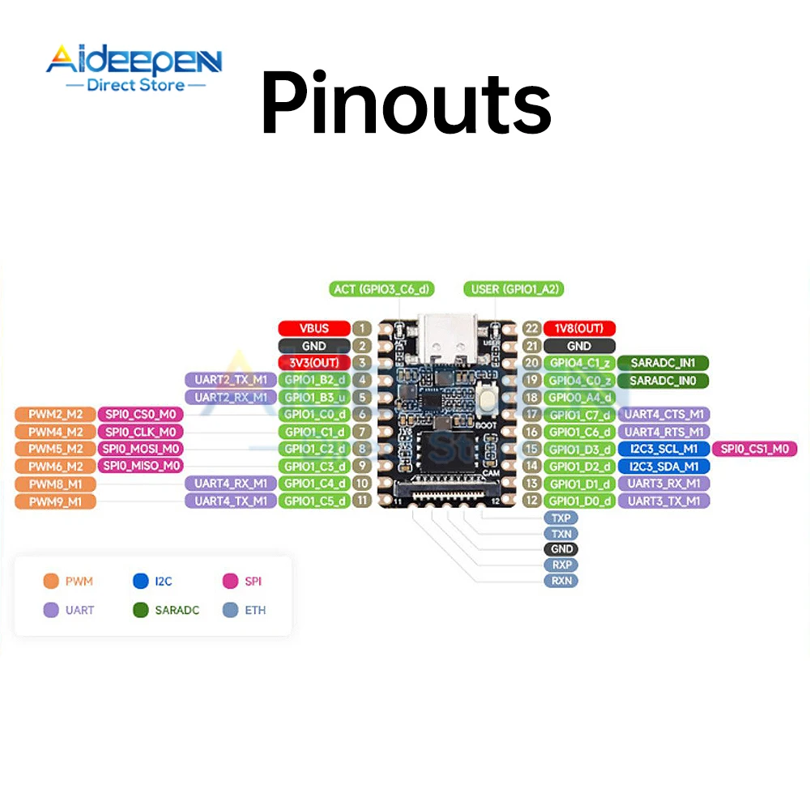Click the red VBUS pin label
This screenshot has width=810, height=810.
click(x=314, y=328)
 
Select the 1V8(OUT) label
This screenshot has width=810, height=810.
click(x=579, y=328)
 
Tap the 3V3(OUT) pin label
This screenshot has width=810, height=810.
click(x=314, y=363)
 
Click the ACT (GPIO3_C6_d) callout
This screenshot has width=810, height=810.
click(x=382, y=289)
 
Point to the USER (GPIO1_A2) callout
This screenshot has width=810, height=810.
click(x=514, y=289)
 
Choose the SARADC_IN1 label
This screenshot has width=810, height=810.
click(x=663, y=363)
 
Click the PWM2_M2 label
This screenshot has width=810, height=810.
click(x=55, y=415)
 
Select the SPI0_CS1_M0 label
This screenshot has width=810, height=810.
click(x=754, y=449)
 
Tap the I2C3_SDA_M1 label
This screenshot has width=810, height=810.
click(x=663, y=466)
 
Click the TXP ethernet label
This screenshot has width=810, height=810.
click(x=561, y=518)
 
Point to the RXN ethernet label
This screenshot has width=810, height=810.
click(x=561, y=581)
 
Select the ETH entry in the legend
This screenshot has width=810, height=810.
click(x=254, y=610)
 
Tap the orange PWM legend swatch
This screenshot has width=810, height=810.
click(x=51, y=581)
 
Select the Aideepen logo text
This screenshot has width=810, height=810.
click(x=134, y=62)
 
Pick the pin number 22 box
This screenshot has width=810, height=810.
click(x=531, y=328)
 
